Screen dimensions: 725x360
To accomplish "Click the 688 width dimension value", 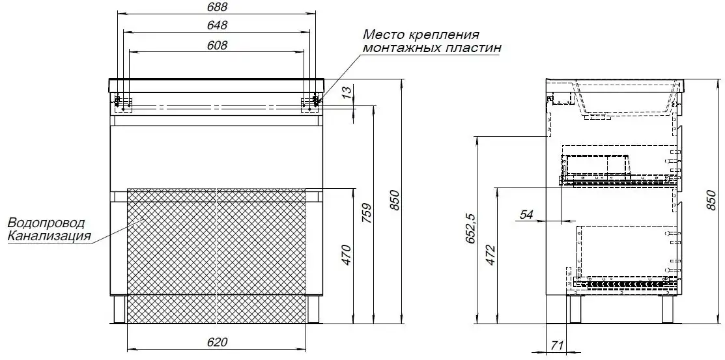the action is [x=218, y=7].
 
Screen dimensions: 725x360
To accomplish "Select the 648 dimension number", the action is [x=218, y=25].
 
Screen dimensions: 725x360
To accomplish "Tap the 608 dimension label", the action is [x=218, y=45].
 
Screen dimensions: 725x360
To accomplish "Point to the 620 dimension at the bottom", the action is [x=218, y=342].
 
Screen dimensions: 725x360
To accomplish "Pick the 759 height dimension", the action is [x=365, y=214].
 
